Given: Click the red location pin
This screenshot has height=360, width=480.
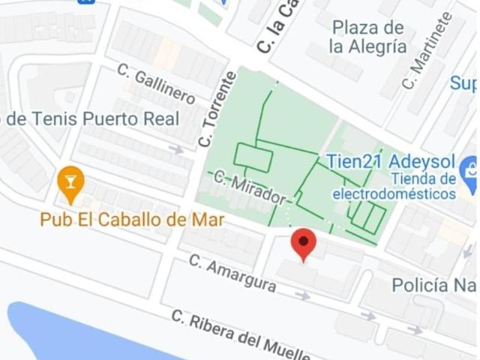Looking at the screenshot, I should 303,244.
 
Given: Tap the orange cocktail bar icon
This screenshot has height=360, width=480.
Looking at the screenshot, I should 70,183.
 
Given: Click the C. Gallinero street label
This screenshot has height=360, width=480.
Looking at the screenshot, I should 156,84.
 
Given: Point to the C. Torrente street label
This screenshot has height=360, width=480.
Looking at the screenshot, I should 217,109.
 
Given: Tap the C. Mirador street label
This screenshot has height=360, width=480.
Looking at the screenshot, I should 250,188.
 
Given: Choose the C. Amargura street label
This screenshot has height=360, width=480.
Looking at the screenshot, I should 232,274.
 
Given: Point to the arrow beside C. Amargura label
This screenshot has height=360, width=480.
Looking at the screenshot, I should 302,295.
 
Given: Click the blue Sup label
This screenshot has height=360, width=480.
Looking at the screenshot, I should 463,83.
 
